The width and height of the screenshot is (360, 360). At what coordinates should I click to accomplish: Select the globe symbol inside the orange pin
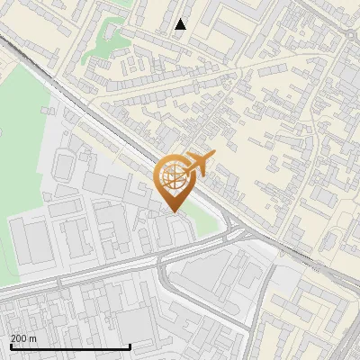174,176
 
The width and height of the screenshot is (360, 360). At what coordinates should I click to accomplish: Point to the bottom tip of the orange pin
175,211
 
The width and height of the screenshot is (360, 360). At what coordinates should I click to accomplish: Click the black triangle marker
180,24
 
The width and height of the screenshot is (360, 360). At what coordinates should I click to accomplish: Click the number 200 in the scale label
20,338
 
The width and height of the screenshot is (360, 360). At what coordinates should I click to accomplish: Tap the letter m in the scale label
33,338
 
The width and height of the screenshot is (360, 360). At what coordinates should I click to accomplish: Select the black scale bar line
70,346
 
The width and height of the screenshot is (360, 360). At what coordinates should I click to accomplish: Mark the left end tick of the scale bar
10,345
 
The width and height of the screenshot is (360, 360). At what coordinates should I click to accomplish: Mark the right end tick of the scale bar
130,345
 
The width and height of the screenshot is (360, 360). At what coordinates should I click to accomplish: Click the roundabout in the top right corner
349,33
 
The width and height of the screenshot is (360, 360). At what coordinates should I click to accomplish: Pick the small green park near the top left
106,41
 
